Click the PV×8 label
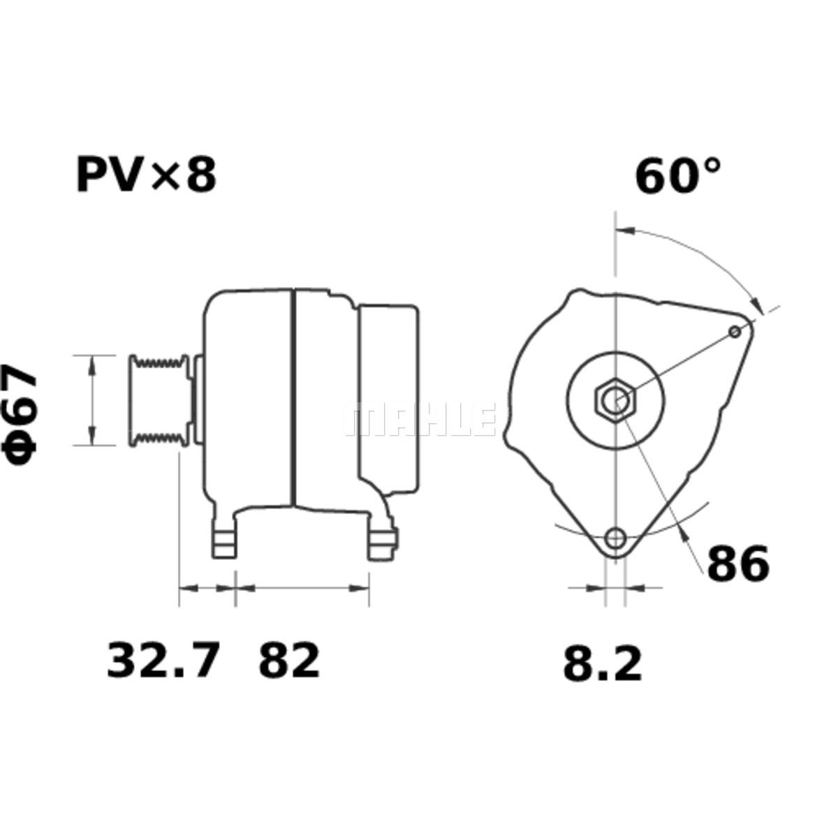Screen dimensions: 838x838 tap(146, 176)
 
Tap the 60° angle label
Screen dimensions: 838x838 tap(678, 176)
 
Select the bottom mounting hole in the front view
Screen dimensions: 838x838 tap(616, 538)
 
